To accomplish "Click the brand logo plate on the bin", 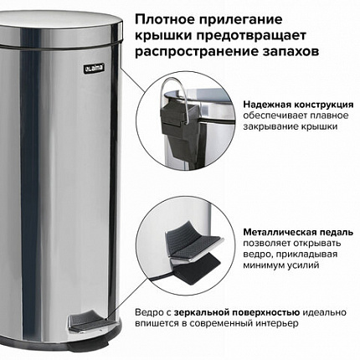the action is (95, 68).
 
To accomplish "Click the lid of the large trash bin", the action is (61, 29).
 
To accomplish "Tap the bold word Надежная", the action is (267, 105).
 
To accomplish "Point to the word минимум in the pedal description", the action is (263, 265).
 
